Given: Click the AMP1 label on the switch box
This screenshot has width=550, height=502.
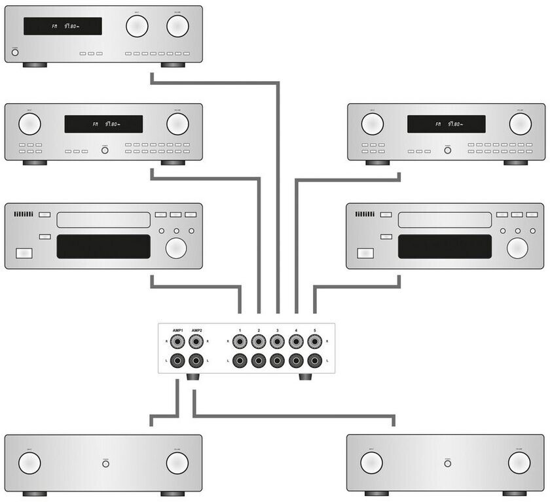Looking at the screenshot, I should pos(177,331).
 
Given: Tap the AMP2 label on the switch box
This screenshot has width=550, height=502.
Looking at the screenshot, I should pos(195,331).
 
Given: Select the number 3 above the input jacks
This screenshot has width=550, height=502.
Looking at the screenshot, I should pos(278,331).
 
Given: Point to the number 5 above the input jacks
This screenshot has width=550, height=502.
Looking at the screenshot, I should pos(315,331).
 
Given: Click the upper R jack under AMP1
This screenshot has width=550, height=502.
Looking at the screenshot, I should pos(177,342).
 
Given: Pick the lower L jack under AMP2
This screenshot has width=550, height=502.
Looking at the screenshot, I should pos(195,361).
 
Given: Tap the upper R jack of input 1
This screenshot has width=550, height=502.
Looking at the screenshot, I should pos(240,342).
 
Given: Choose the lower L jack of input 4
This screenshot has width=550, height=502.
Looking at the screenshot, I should pos(296,361).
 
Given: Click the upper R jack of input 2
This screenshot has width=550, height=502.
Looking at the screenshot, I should pos(259,342).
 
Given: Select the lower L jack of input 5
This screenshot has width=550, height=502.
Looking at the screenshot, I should pos(315,361).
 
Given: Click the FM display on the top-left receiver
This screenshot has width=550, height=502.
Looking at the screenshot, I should pos(63,26).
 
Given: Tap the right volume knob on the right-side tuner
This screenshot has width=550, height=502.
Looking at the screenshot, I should pos(520,124).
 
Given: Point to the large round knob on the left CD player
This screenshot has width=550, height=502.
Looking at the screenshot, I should pos(175,248).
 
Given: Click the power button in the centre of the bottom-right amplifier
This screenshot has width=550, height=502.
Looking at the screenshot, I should pos(448,463).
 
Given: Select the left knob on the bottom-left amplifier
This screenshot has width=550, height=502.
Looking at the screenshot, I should pos(29,463).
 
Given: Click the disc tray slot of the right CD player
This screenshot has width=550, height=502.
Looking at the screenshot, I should pos(445,220).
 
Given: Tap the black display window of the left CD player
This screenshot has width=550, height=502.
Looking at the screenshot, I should pos(103,247).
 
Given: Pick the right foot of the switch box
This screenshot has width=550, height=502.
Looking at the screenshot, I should pos(305,377).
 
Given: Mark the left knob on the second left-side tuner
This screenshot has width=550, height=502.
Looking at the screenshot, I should pos(29,124).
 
